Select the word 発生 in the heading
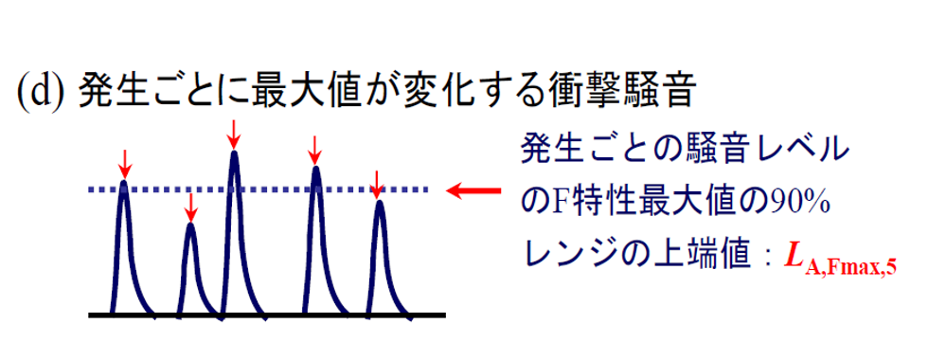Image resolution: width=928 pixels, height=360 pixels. coord(107,91)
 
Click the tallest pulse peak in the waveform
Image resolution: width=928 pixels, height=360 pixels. coord(234,153)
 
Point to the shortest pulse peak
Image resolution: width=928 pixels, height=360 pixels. coord(191,225)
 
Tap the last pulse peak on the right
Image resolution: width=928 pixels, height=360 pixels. coord(378,203)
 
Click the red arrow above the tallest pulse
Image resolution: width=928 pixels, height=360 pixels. coord(234,134)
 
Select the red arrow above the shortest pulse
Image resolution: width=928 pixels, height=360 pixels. coord(191,205)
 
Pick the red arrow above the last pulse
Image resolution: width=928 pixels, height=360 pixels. coord(377,182)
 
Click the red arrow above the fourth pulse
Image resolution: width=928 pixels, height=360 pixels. coord(316,147)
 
